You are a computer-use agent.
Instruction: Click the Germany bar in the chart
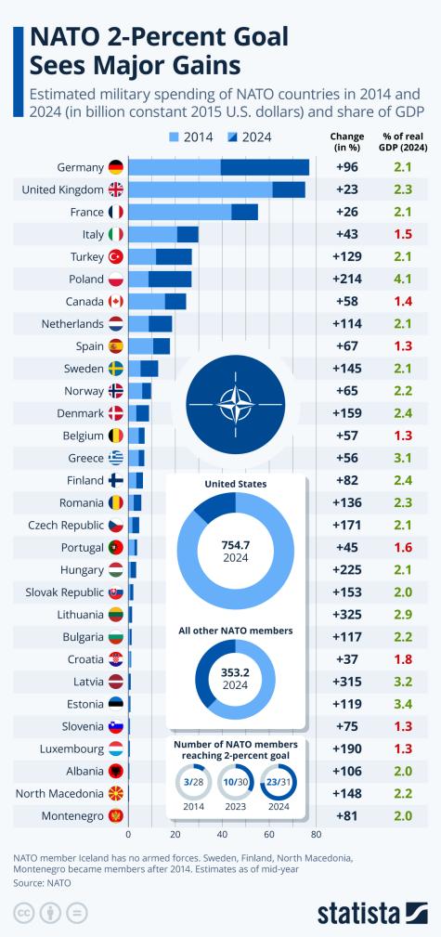click(x=218, y=167)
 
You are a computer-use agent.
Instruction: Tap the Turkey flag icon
click(x=116, y=256)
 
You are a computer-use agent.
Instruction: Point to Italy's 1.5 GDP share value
click(x=402, y=234)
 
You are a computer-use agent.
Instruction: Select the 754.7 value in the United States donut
click(x=235, y=544)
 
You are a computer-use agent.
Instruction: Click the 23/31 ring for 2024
click(x=279, y=785)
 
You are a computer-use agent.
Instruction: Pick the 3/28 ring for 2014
click(x=192, y=785)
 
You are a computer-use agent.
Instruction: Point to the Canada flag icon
click(x=116, y=301)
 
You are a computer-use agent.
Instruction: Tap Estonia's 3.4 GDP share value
click(x=402, y=704)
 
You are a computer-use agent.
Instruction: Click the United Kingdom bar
click(x=216, y=189)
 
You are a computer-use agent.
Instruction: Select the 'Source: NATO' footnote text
click(x=42, y=883)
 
